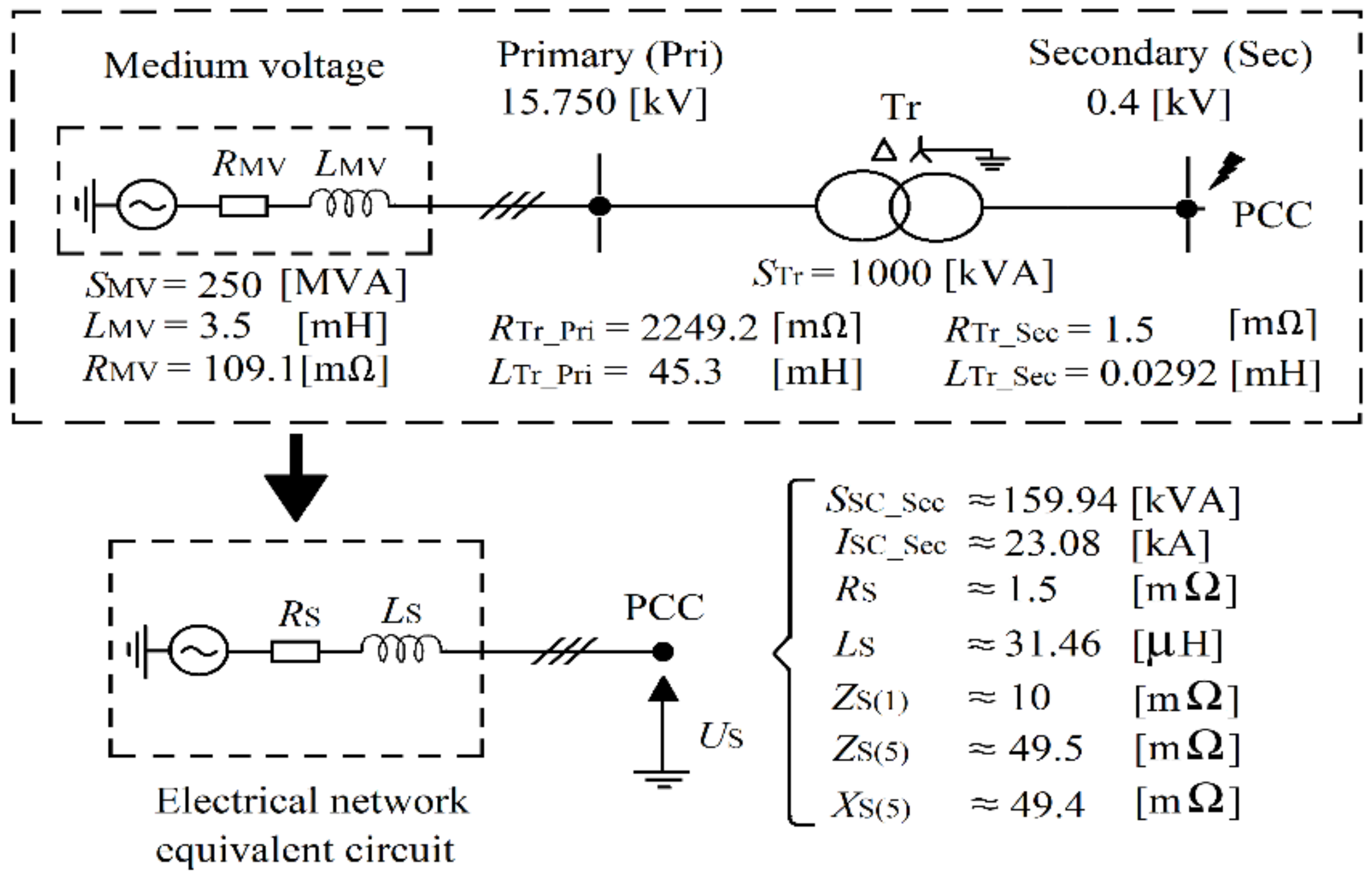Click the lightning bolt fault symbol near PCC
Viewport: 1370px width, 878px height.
pos(1226,170)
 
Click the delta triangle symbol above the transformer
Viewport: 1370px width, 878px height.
pos(883,151)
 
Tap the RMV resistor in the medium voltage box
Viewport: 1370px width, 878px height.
pos(244,206)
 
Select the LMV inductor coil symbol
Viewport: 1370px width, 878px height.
pos(349,203)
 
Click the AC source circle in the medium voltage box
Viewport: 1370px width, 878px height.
pos(147,205)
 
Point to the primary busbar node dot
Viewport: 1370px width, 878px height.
pos(600,206)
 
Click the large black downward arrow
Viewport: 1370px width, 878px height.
pos(296,477)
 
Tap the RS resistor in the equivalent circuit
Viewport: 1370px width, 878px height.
pos(295,652)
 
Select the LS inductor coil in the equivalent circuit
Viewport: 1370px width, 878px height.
pos(401,649)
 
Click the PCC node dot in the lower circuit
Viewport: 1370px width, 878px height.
pos(663,652)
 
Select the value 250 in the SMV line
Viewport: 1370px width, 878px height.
pos(229,285)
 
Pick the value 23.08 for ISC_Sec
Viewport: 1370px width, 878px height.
pos(1052,543)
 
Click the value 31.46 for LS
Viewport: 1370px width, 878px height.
pos(1052,643)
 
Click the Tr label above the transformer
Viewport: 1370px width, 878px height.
pos(900,107)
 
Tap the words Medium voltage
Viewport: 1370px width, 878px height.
pos(244,66)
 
